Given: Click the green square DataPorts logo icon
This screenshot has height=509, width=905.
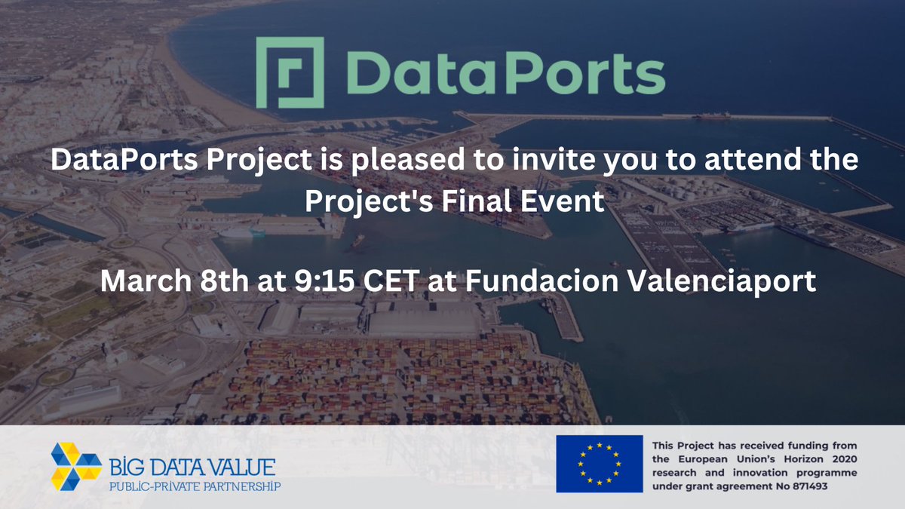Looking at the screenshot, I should pyautogui.click(x=291, y=73).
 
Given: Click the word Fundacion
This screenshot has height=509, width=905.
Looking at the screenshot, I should pyautogui.click(x=526, y=281).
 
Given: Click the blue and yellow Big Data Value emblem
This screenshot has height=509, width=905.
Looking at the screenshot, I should pyautogui.click(x=76, y=465).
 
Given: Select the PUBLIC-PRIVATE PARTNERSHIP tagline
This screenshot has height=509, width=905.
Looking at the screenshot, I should pyautogui.click(x=195, y=486).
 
